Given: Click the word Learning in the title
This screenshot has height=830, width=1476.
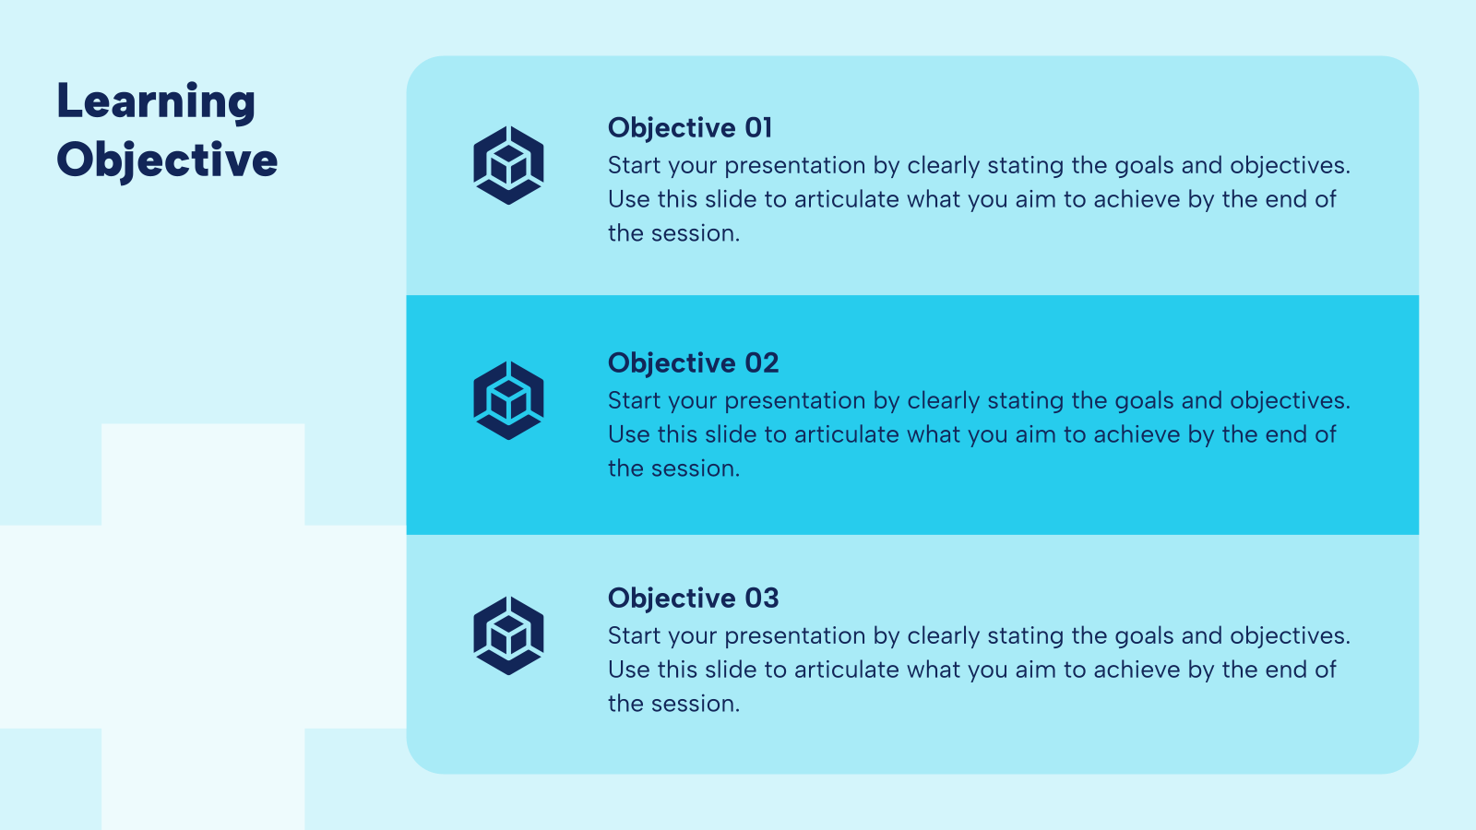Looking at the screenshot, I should click(156, 102).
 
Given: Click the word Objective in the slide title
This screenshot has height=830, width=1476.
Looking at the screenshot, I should click(167, 160).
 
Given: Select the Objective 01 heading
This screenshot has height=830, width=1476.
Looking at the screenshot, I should click(690, 127).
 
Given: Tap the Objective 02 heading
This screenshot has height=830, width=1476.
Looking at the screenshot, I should click(693, 362).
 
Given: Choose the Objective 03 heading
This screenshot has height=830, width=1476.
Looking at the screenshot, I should click(693, 598).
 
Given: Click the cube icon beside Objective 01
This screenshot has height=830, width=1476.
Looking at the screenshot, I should click(508, 165).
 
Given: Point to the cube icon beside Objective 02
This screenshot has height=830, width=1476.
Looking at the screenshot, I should click(508, 400).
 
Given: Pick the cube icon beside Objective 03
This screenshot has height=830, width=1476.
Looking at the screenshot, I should click(508, 635).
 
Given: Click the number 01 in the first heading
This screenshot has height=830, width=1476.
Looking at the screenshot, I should click(758, 127).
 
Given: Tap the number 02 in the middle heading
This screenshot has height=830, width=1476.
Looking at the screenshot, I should click(762, 362).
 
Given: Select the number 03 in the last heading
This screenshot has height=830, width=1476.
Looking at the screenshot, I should click(762, 598).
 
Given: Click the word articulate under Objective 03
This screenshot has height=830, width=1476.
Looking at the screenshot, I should click(846, 670).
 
